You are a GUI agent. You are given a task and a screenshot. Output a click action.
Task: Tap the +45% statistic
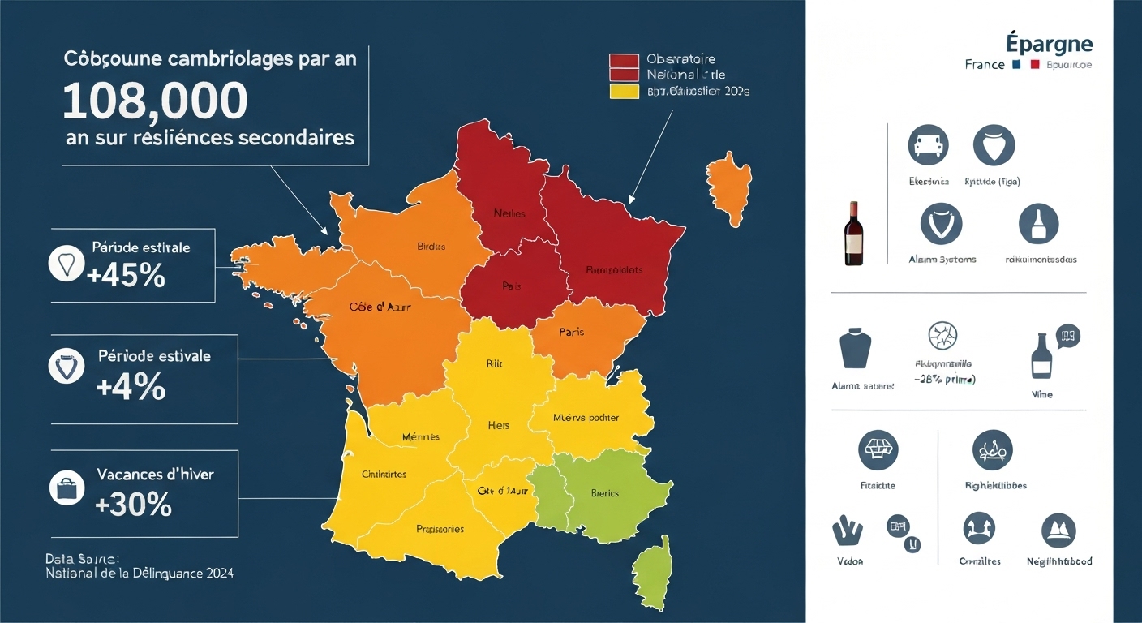click(126, 276)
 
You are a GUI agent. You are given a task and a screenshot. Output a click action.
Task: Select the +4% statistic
click(131, 388)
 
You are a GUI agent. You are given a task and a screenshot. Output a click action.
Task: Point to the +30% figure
click(133, 505)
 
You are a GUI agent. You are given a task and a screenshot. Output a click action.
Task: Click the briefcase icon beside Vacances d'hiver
click(67, 488)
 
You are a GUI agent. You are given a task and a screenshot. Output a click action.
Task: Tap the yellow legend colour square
click(624, 91)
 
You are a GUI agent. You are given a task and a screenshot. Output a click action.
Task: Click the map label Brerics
click(605, 493)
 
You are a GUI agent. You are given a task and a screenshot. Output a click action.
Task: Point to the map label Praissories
click(440, 529)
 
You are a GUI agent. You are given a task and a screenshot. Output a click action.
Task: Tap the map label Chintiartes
click(384, 474)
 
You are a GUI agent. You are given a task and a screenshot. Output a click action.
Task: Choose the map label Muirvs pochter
click(586, 418)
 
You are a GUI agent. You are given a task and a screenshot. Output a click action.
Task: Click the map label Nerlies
click(509, 213)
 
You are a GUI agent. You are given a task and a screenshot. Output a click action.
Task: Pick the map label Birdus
click(431, 247)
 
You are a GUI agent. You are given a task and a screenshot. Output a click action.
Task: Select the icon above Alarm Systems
click(942, 223)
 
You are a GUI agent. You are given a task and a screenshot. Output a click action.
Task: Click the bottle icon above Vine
click(1042, 356)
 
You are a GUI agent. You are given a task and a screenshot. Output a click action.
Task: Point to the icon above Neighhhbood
click(1058, 530)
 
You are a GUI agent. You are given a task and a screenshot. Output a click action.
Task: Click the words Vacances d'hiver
click(155, 475)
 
